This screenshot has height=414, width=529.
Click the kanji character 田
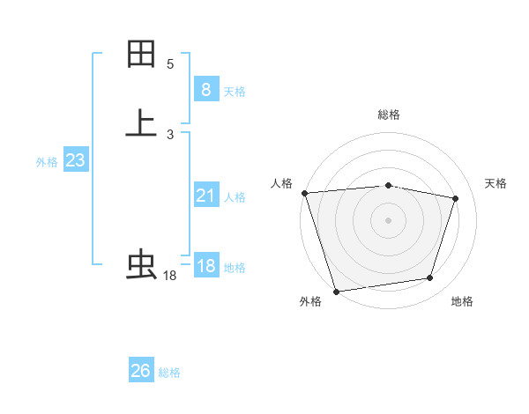pos(141,55)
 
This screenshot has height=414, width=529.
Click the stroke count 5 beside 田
pos(170,64)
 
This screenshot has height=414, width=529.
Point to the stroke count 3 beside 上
pos(170,134)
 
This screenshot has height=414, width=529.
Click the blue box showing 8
pos(205,90)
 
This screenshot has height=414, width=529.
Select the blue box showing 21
pos(205,196)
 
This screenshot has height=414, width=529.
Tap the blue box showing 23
pos(75,160)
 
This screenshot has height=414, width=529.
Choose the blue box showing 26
pos(141,371)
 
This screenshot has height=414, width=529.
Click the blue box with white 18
pos(205,266)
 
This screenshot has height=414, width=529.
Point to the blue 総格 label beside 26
pos(169,373)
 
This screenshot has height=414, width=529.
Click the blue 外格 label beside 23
pos(47,162)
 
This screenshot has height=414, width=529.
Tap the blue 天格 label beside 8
pos(235,92)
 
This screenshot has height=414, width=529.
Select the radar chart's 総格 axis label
pos(389,115)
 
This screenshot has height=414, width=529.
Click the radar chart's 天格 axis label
pos(496,183)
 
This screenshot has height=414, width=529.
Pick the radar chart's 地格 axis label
pos(462,302)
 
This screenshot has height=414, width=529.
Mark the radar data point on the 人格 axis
pos(304,193)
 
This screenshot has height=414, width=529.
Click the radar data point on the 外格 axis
pos(336,291)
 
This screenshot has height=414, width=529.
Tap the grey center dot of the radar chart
pos(388,219)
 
